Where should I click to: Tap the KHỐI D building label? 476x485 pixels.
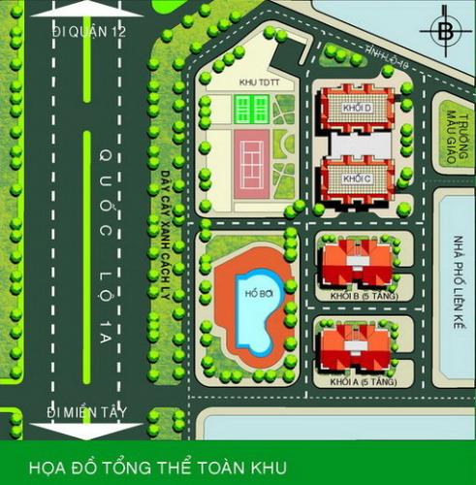coord(358,106)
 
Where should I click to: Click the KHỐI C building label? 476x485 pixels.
coord(358,179)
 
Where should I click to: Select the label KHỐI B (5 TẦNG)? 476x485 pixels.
coord(356,294)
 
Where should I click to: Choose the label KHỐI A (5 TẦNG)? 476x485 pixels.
coord(356,382)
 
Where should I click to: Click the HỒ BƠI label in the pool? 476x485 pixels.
coord(255,294)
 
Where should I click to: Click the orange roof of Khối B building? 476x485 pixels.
coord(356,260)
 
